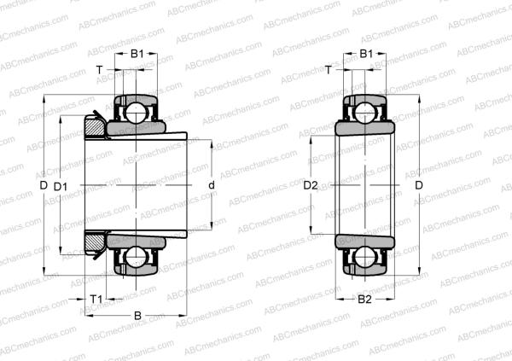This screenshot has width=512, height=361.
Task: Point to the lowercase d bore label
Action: pos(211,185)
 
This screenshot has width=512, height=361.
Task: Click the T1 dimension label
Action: pos(96,298)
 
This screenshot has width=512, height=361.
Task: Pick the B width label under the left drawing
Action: pos(137,316)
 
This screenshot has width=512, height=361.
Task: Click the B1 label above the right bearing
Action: pos(365,55)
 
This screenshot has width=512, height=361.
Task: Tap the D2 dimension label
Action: pos(311,185)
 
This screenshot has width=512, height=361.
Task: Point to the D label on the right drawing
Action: pos(418,185)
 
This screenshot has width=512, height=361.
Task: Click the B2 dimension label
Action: pos(364,300)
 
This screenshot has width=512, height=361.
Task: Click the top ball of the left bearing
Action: pos(134,110)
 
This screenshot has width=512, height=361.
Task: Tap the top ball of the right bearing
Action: pos(365,110)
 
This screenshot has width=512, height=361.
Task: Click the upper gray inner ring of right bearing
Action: pos(365,129)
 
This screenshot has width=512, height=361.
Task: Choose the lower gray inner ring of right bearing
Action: pos(365,240)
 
